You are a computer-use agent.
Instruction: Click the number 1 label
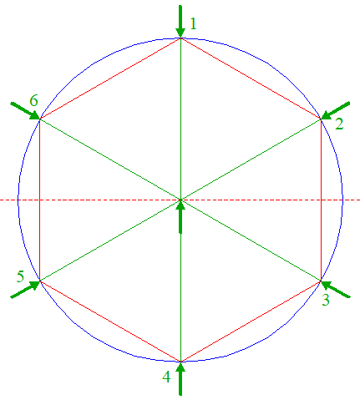[x=193, y=23]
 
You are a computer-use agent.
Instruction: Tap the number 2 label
[x=339, y=124]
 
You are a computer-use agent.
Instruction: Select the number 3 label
[x=326, y=300]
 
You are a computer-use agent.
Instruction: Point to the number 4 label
[x=166, y=377]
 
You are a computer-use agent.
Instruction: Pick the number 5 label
[x=20, y=276]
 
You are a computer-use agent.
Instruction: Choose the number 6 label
[x=33, y=100]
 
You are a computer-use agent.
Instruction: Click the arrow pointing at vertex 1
[x=180, y=21]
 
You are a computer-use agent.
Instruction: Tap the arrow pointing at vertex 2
[x=335, y=111]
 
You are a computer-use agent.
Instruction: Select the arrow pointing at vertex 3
[x=336, y=289]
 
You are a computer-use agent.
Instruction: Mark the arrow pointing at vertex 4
[x=180, y=378]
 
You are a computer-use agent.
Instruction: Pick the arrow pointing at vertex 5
[x=25, y=290]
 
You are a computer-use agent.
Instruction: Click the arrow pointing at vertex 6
[x=25, y=111]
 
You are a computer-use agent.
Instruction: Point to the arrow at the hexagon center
[x=180, y=216]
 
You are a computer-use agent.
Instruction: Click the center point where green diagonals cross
[x=180, y=200]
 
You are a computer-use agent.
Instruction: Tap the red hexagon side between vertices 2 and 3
[x=321, y=200]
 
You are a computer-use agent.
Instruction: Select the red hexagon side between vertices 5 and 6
[x=40, y=200]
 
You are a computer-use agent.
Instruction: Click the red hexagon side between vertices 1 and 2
[x=251, y=78]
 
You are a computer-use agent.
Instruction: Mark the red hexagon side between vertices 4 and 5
[x=110, y=322]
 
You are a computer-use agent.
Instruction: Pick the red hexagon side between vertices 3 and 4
[x=251, y=322]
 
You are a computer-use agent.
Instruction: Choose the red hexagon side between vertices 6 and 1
[x=110, y=78]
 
